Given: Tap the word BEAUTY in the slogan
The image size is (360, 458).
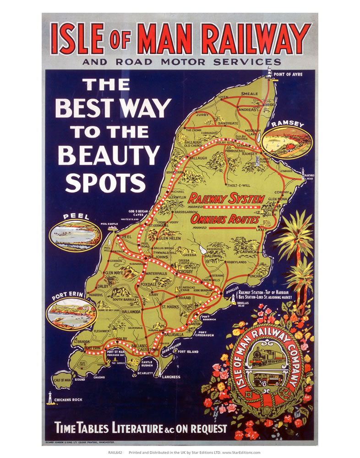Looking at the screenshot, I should tap(109, 155).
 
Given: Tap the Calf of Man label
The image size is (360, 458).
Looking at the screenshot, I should tap(62, 380).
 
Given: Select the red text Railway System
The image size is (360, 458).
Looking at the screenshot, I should tap(226, 199).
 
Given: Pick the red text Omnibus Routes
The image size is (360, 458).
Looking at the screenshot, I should tap(225, 220).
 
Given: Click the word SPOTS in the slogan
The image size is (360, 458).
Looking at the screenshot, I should tap(105, 183).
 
